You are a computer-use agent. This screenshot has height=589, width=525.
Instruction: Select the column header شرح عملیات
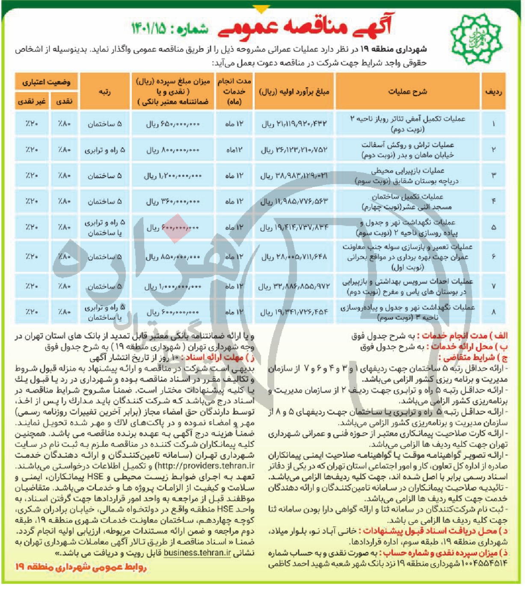pos(407,92)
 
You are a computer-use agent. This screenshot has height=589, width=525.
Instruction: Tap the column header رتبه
pos(105,92)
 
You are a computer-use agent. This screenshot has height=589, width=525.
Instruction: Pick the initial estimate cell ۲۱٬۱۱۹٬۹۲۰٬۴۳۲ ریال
pos(294,124)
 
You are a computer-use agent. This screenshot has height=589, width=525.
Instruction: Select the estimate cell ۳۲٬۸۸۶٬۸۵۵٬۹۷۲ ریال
pos(294,286)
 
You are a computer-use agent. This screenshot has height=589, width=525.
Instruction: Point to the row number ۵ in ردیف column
pos(493,227)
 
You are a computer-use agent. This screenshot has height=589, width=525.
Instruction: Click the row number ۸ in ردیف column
pos(493,312)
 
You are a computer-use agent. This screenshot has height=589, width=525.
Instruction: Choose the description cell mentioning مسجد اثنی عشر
pos(407,202)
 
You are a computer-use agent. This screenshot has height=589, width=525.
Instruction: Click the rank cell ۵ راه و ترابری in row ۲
pos(105,150)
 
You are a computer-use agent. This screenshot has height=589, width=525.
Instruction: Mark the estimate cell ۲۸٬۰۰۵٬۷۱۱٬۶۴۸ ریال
pos(294,257)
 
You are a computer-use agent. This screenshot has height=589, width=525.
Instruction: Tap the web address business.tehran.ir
pos(197,553)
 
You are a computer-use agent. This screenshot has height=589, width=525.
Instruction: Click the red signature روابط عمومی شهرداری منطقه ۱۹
pos(81,567)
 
